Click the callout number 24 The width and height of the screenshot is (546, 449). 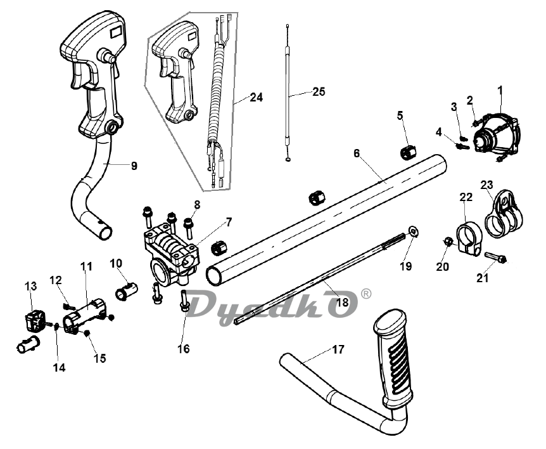[257, 97]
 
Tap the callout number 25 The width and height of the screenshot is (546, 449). [319, 92]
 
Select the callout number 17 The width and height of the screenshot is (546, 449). [338, 349]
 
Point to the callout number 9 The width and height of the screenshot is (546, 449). [134, 166]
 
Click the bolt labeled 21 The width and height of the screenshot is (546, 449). [495, 257]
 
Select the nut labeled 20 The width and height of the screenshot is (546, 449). [448, 241]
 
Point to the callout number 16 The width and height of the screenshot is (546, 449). [184, 348]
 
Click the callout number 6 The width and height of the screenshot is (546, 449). [356, 153]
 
